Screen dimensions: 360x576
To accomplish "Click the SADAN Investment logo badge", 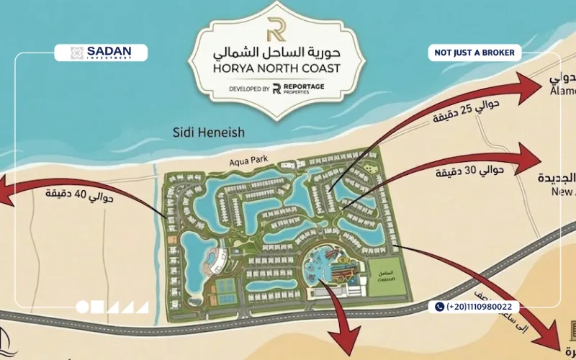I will tap(101, 53).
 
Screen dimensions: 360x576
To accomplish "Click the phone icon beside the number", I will tap(439, 307).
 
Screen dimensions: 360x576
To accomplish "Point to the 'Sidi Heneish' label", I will tap(209, 132).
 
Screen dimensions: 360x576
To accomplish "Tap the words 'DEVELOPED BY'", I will tap(249, 89).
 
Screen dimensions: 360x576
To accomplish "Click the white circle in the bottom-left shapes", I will tap(82, 307).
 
